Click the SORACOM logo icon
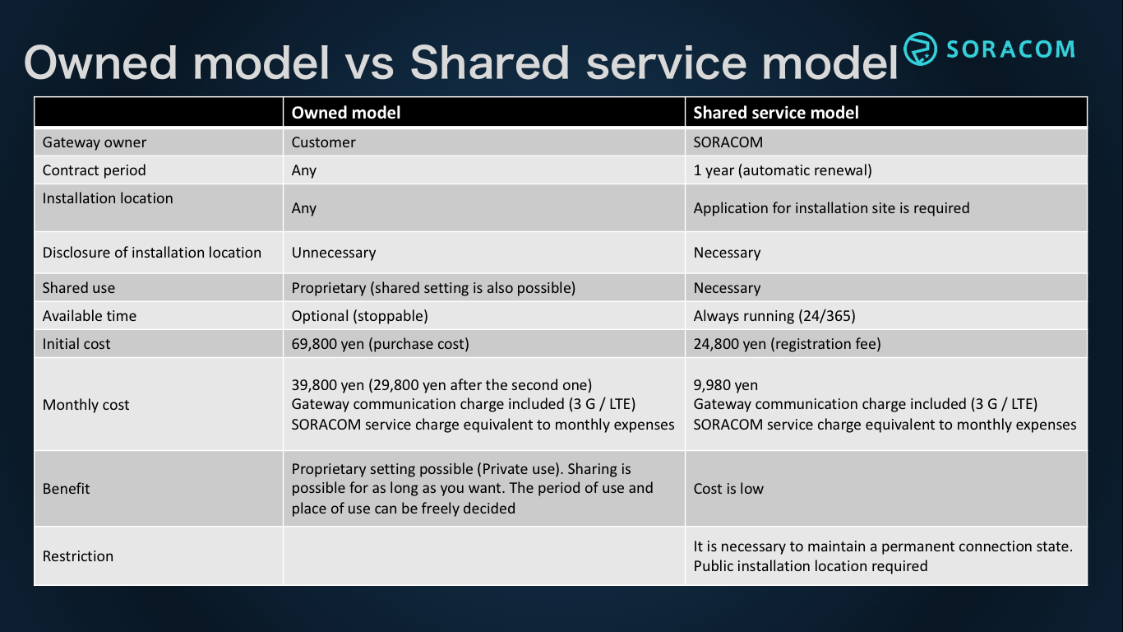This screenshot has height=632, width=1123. pyautogui.click(x=920, y=49)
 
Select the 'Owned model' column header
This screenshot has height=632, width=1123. pyautogui.click(x=346, y=113)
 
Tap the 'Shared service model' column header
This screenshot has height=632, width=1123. pyautogui.click(x=775, y=113)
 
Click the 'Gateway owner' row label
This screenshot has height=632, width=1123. pyautogui.click(x=95, y=142)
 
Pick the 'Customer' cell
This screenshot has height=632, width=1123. pyautogui.click(x=324, y=142)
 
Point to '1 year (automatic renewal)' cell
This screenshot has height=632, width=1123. pyautogui.click(x=782, y=170)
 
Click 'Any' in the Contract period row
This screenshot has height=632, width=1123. pyautogui.click(x=304, y=170)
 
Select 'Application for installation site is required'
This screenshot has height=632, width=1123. pyautogui.click(x=831, y=208)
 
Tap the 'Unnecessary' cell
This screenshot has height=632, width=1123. pyautogui.click(x=334, y=253)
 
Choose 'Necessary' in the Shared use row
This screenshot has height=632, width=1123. pyautogui.click(x=727, y=288)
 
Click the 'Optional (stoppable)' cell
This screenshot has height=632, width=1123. pyautogui.click(x=359, y=316)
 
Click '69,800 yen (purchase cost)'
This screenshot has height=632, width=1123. pyautogui.click(x=380, y=344)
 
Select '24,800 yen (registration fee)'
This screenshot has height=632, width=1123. pyautogui.click(x=787, y=344)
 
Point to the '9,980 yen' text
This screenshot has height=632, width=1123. pyautogui.click(x=725, y=385)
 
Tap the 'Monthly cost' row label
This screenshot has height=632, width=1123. pyautogui.click(x=86, y=405)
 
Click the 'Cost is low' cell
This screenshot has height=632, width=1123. pyautogui.click(x=728, y=489)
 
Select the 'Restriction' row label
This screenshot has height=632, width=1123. pyautogui.click(x=78, y=556)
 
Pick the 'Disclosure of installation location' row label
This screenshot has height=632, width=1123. pyautogui.click(x=152, y=253)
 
